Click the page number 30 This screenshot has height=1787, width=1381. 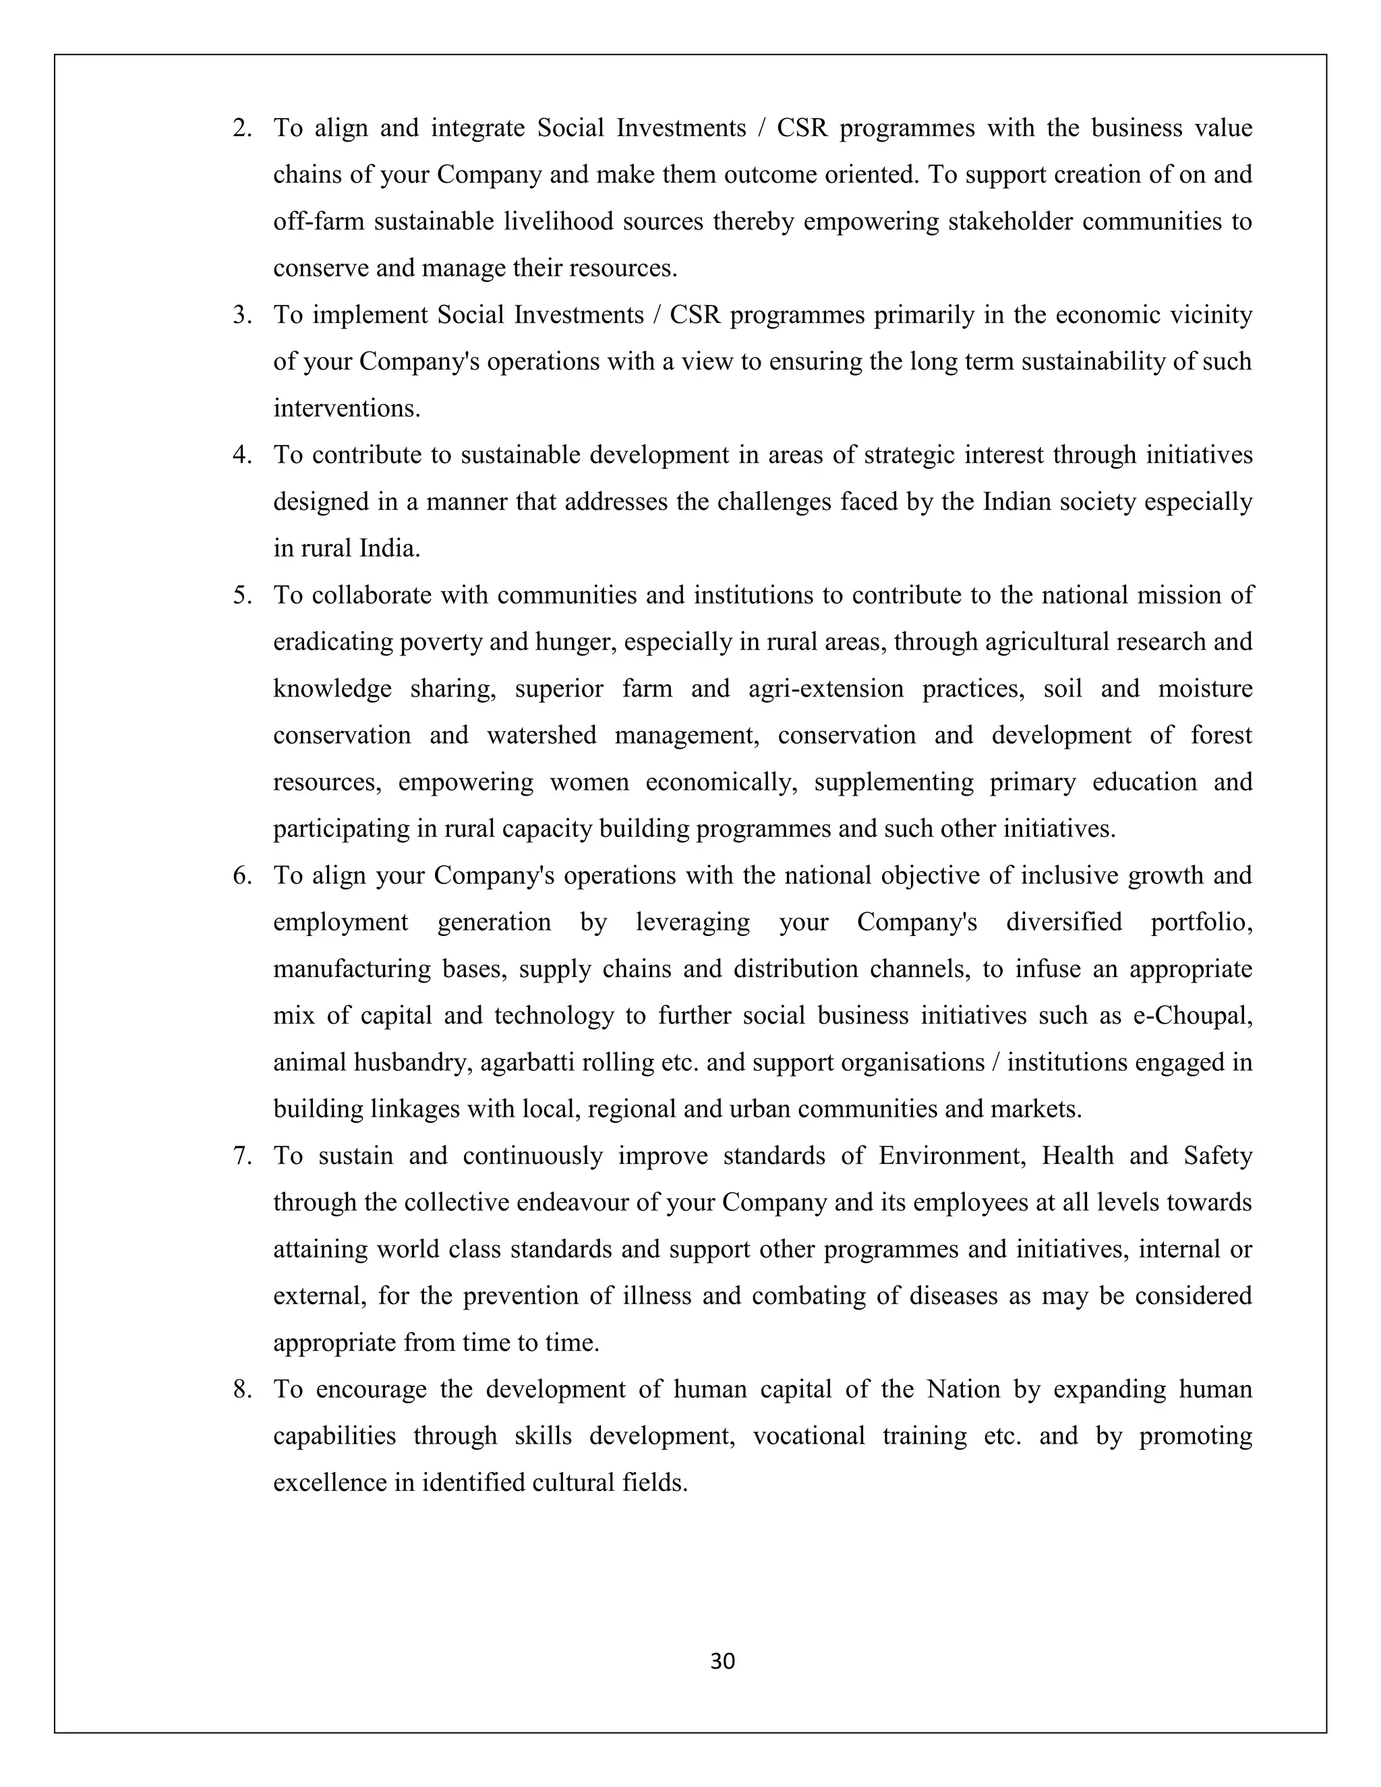pos(722,1661)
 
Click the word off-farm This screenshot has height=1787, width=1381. pos(318,222)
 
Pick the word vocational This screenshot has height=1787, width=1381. pos(809,1435)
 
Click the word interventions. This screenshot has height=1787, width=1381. pos(346,408)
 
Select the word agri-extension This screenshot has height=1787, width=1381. pos(825,688)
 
